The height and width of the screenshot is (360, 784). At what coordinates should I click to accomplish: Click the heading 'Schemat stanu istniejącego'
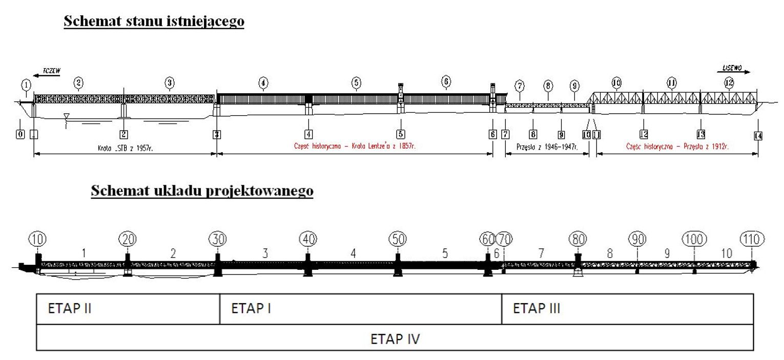click(x=154, y=22)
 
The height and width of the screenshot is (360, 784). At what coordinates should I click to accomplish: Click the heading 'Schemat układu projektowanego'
click(x=202, y=190)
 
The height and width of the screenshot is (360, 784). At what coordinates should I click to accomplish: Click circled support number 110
click(x=752, y=239)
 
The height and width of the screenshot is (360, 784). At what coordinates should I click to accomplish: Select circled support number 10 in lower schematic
click(x=38, y=239)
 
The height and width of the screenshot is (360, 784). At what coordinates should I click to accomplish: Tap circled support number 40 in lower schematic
click(x=307, y=239)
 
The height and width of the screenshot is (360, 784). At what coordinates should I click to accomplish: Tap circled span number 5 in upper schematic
click(x=356, y=82)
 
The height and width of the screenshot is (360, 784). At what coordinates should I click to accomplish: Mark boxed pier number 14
click(x=758, y=135)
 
